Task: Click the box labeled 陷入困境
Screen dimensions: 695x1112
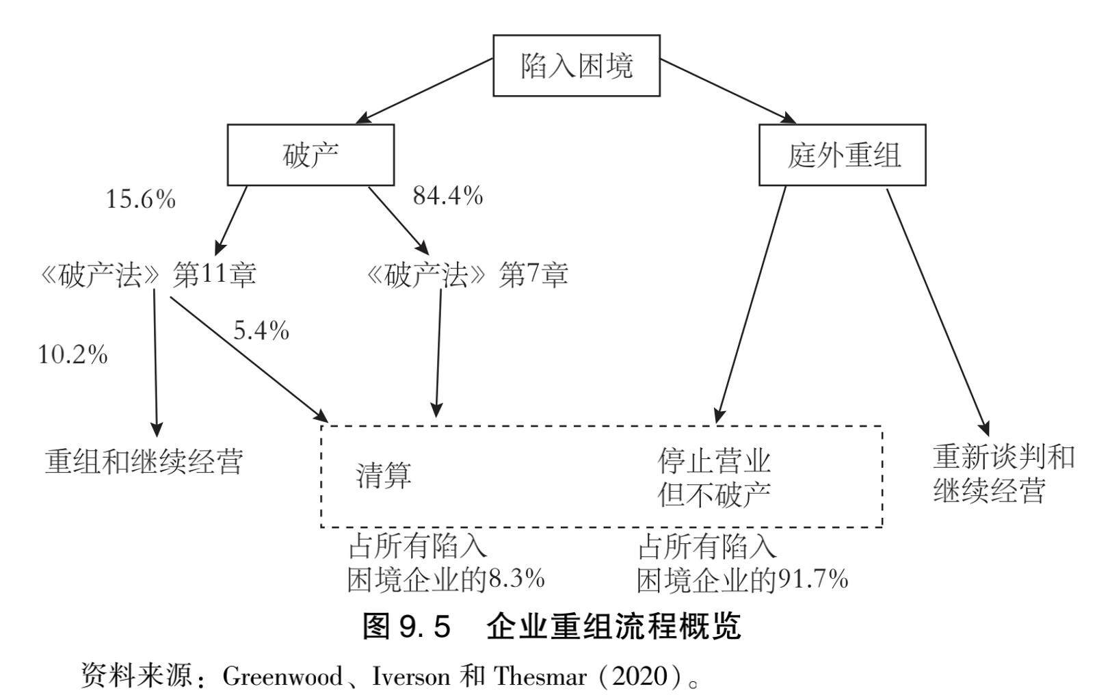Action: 576,66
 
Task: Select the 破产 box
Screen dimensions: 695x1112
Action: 310,155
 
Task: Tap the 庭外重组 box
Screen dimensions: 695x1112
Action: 842,155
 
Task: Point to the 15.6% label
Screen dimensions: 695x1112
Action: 140,200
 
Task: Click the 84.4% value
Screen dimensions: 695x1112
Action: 447,196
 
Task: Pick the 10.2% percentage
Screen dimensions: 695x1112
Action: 72,355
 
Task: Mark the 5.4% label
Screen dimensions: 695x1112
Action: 261,331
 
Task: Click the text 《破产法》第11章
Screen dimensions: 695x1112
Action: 148,275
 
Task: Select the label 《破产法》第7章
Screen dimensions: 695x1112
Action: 467,275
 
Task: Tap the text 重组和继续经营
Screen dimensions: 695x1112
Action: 144,461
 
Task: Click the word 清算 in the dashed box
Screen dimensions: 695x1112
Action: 384,475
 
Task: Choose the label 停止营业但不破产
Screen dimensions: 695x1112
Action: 714,477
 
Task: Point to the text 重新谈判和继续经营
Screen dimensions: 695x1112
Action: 1003,473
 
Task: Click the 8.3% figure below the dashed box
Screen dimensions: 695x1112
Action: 516,579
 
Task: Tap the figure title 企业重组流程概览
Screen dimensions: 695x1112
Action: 613,626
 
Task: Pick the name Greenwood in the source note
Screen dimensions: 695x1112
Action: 282,677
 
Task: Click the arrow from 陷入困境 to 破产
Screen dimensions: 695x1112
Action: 427,91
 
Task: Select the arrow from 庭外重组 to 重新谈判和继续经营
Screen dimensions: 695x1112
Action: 938,311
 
